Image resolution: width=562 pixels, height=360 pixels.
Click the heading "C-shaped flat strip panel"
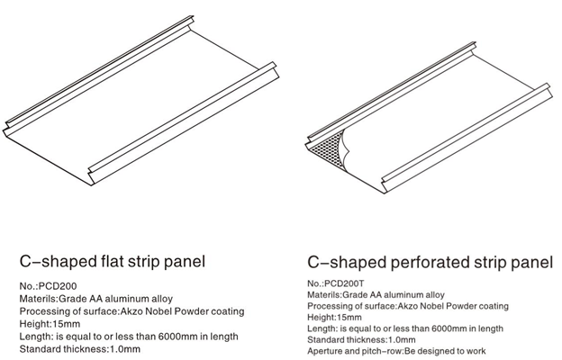pyautogui.click(x=113, y=262)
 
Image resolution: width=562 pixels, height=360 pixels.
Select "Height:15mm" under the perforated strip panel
pyautogui.click(x=334, y=318)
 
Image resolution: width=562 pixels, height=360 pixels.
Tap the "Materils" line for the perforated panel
pyautogui.click(x=376, y=294)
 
